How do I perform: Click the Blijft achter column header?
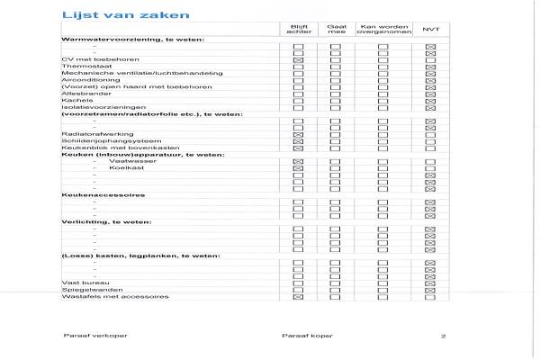pyautogui.click(x=298, y=29)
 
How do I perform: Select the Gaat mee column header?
pyautogui.click(x=336, y=29)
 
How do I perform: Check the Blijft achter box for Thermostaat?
pyautogui.click(x=298, y=67)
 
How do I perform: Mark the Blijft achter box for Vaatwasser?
pyautogui.click(x=298, y=161)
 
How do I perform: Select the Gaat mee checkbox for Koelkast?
pyautogui.click(x=336, y=168)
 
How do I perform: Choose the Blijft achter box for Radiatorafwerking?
pyautogui.click(x=298, y=134)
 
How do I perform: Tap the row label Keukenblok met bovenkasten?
pyautogui.click(x=103, y=148)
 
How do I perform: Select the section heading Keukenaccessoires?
pyautogui.click(x=91, y=195)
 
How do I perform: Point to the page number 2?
pyautogui.click(x=444, y=336)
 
